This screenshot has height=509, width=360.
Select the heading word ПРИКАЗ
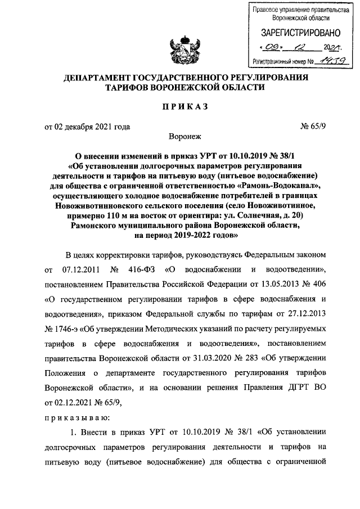(x=179, y=106)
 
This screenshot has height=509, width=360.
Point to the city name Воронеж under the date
(x=180, y=137)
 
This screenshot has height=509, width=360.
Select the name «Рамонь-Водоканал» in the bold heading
(x=279, y=186)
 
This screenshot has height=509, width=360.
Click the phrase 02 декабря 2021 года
(x=87, y=126)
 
